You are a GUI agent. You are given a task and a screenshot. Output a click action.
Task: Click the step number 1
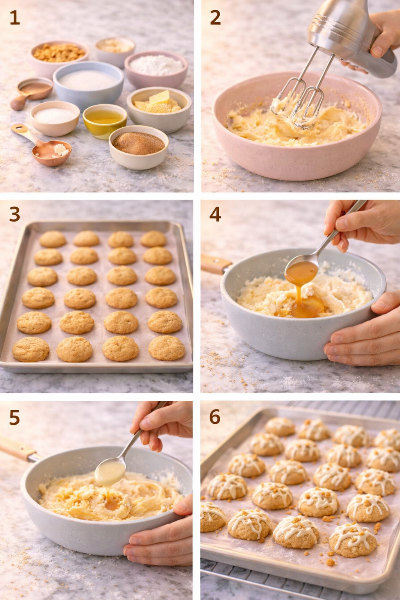[14, 18]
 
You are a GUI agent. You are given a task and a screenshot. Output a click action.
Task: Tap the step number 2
[215, 18]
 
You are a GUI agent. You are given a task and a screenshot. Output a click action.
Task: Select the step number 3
[14, 214]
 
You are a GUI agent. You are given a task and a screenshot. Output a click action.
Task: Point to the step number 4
[215, 214]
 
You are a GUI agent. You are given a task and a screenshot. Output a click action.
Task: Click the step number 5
[14, 417]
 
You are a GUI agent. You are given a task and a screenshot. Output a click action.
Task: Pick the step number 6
[215, 417]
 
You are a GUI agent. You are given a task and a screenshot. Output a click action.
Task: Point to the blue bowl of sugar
[88, 82]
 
